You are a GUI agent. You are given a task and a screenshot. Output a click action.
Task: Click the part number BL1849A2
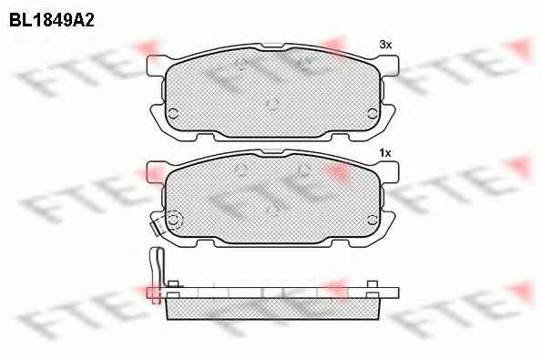(x=52, y=21)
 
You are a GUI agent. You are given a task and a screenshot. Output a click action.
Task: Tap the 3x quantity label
(x=385, y=45)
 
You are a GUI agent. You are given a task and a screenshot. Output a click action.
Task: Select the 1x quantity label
(x=385, y=153)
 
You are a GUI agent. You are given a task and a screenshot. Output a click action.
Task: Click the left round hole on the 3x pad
(x=173, y=113)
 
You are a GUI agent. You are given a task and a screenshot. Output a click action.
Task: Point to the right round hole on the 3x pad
(x=373, y=113)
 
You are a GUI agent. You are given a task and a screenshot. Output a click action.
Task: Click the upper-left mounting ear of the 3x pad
(x=156, y=66)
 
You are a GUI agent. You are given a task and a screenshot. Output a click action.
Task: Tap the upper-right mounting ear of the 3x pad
(x=390, y=66)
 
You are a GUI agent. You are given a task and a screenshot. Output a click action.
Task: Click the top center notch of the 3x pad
(x=272, y=46)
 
